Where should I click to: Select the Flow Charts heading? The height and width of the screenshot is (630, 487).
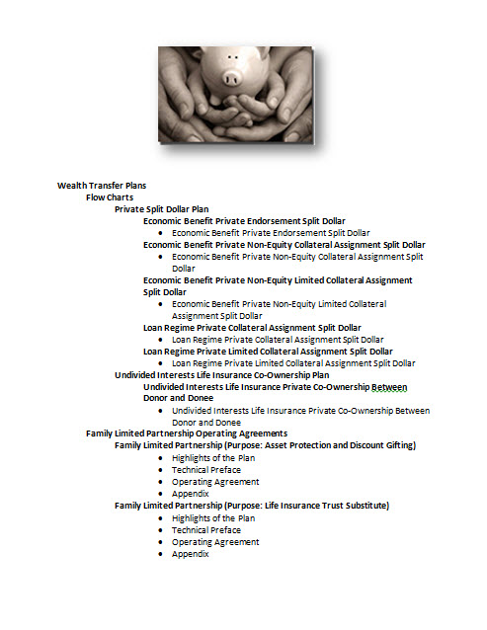click(x=110, y=197)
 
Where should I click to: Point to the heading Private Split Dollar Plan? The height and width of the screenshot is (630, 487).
click(x=161, y=208)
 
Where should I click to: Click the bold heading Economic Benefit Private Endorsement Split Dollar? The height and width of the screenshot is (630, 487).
click(x=244, y=220)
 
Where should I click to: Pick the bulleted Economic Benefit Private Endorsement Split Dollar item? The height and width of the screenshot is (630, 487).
click(x=271, y=232)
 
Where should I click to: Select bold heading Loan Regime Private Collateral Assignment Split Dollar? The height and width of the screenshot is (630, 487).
click(x=252, y=327)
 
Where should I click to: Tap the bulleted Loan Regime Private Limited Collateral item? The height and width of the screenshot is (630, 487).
click(x=293, y=362)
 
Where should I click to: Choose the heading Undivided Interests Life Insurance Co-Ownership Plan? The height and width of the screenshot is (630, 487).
click(x=235, y=374)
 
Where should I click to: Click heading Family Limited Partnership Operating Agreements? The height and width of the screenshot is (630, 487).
click(x=187, y=433)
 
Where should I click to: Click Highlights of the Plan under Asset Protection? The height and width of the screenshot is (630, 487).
click(x=213, y=458)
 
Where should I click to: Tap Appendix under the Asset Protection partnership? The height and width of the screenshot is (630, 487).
click(x=190, y=494)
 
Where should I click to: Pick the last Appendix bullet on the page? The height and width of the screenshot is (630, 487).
click(x=190, y=553)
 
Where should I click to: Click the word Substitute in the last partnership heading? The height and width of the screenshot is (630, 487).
click(x=365, y=506)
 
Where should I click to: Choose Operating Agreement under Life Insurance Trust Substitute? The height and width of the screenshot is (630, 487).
click(x=215, y=541)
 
